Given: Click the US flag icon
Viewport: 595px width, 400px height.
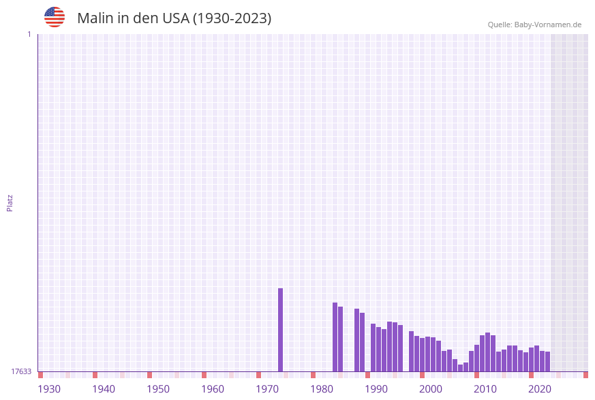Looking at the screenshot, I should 55,17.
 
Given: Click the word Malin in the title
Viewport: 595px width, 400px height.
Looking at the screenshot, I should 95,18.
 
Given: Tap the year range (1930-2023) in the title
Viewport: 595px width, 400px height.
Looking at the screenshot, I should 232,18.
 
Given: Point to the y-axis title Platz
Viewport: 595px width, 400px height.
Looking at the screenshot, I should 10,202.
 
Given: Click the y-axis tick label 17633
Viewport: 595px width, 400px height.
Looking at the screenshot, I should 21,371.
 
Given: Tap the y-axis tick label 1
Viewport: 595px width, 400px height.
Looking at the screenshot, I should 29,34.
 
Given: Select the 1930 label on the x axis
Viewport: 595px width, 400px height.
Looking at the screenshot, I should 49,388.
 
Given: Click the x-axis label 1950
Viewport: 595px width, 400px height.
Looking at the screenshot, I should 158,388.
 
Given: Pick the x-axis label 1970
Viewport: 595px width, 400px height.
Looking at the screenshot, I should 267,388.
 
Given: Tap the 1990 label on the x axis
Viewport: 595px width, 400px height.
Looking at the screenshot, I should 376,388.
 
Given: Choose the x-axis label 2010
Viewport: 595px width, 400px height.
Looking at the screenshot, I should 485,388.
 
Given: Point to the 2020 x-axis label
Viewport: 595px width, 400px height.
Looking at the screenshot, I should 540,388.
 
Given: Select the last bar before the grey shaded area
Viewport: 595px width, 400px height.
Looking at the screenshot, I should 547,362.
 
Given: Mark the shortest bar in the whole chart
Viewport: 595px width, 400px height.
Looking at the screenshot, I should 460,368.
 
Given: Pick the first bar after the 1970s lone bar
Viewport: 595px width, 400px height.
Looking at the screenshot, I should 335,337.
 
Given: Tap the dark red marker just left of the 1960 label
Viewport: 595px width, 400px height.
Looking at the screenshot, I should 204,375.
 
